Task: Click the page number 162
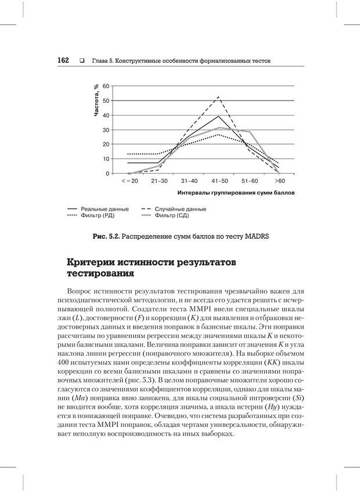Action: click(63, 60)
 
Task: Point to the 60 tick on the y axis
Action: click(106, 87)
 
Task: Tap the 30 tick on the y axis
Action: click(106, 130)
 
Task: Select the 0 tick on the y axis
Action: click(107, 174)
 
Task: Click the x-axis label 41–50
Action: click(218, 181)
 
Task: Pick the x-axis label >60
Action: click(279, 181)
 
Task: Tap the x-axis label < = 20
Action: click(129, 181)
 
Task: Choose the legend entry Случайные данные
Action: click(182, 209)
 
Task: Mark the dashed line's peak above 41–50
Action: click(218, 97)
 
